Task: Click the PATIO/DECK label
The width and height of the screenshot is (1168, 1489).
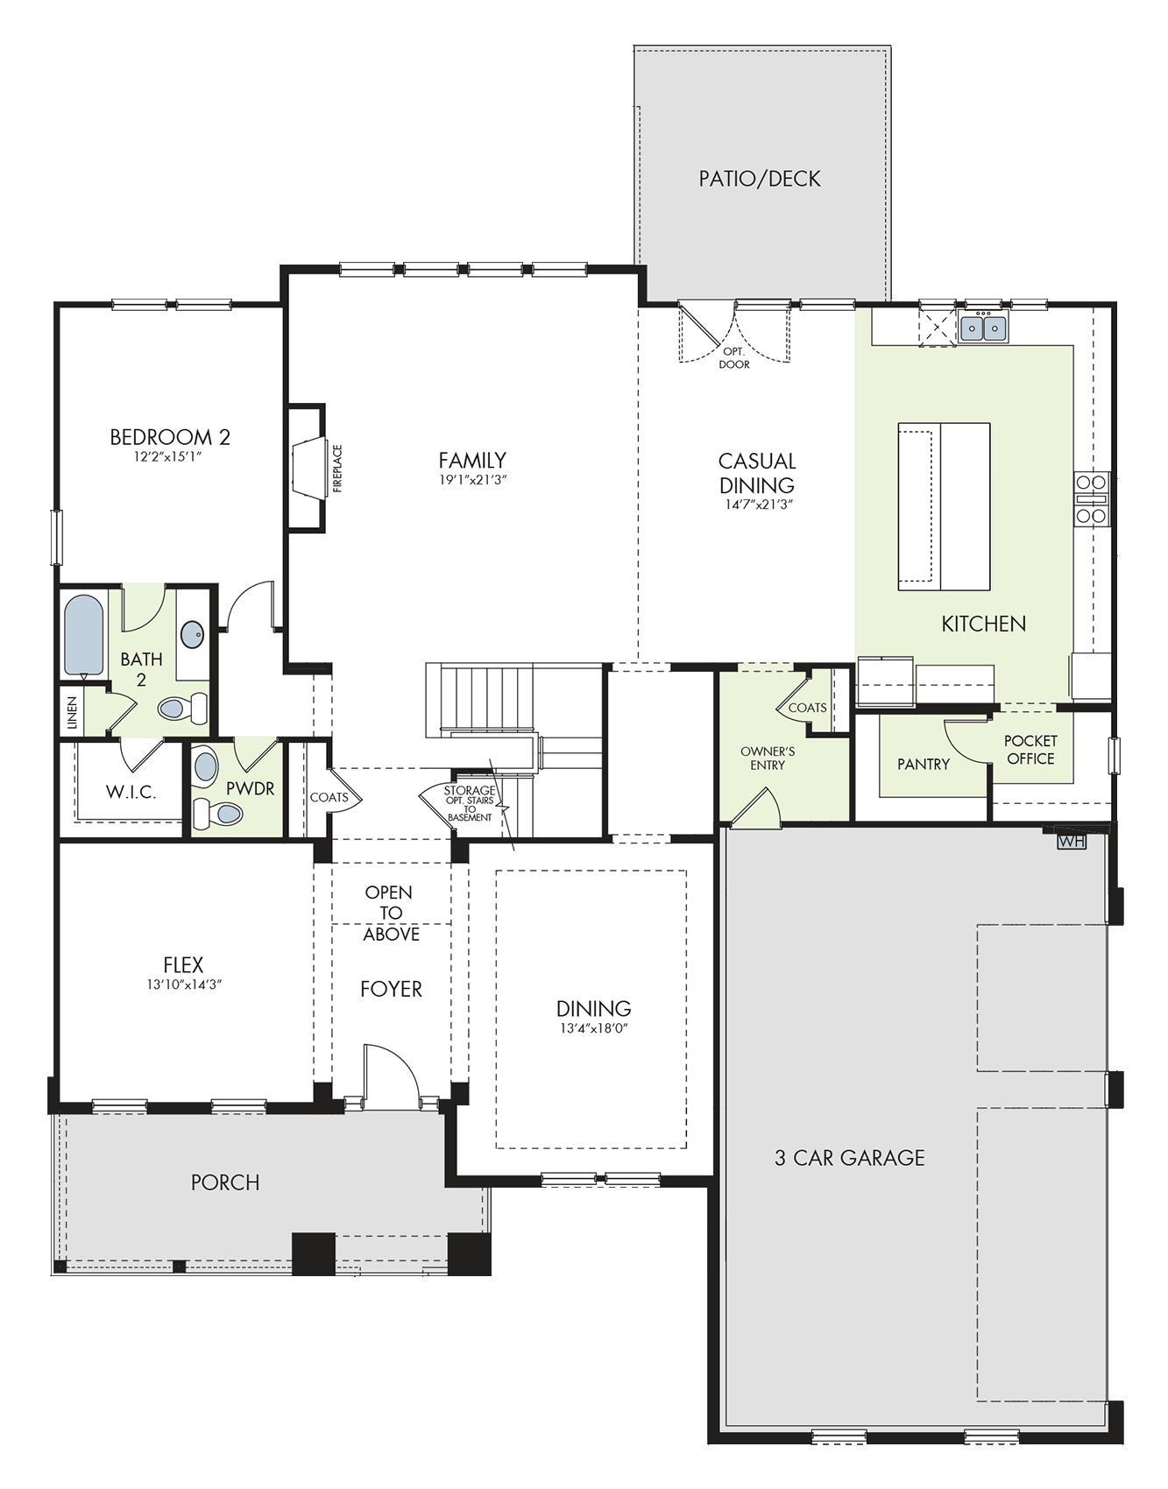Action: (x=760, y=179)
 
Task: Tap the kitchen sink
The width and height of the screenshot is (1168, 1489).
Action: (x=983, y=328)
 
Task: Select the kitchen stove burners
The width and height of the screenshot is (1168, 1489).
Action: (x=1092, y=499)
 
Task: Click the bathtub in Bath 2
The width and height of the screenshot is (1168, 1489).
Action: (x=83, y=636)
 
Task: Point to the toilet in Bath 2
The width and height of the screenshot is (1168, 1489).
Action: (x=183, y=707)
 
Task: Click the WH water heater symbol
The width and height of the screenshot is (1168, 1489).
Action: (x=1072, y=842)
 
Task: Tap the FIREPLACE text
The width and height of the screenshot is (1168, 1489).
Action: (x=337, y=469)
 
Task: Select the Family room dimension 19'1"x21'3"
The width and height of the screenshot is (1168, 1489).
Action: (x=473, y=480)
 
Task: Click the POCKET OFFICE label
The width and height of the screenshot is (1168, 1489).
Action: (x=1030, y=750)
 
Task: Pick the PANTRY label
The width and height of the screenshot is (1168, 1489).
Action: (x=924, y=765)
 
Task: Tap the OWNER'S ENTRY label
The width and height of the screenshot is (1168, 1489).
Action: (x=768, y=759)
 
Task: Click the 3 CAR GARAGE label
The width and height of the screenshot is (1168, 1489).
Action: (x=850, y=1158)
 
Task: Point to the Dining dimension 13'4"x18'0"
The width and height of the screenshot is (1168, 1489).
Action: (x=594, y=1028)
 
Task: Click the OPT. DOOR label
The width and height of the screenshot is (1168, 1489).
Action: (x=734, y=358)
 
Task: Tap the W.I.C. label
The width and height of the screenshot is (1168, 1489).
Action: (x=131, y=792)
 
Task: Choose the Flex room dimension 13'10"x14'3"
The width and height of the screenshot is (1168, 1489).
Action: (x=184, y=984)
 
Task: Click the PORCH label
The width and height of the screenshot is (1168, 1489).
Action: (x=225, y=1182)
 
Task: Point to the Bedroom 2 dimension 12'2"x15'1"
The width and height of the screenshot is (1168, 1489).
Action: (x=169, y=456)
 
